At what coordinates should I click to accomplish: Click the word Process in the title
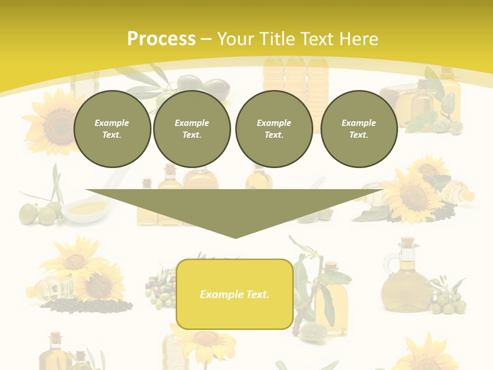click(161, 39)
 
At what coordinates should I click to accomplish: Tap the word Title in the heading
click(278, 39)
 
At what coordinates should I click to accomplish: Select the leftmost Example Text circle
click(112, 129)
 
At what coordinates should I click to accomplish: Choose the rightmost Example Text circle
click(358, 129)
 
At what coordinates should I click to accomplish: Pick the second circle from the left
click(192, 129)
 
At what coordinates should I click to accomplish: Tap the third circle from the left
click(274, 129)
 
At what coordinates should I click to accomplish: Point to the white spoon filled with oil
click(85, 209)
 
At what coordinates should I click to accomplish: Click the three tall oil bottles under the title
click(295, 82)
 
